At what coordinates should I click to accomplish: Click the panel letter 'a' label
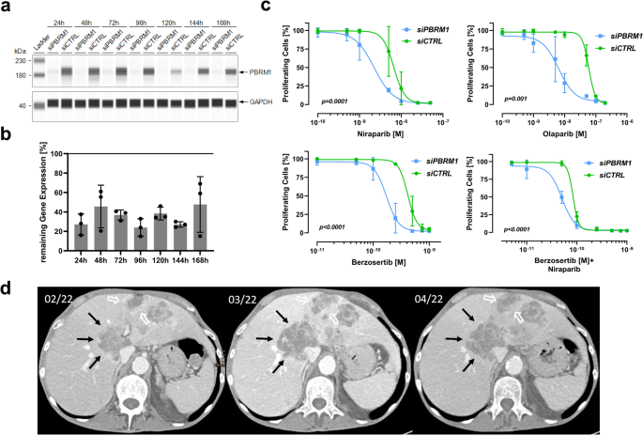(8, 8)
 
